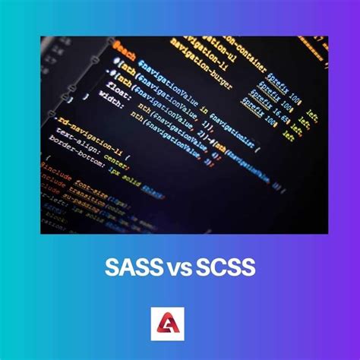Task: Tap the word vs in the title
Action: click(181, 267)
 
